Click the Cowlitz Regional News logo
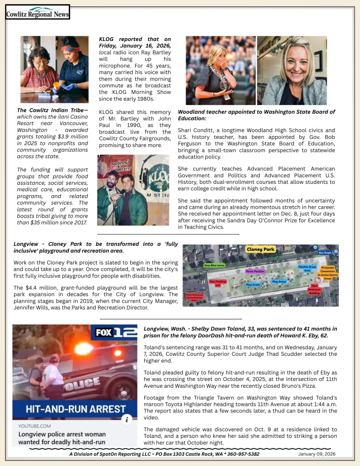pos(37,12)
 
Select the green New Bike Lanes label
pos(214,265)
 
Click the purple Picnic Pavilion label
pos(255,271)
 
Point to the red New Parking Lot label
pos(218,283)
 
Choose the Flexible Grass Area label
pos(307,268)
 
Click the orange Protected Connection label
pos(328,272)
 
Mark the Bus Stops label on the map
pos(325,252)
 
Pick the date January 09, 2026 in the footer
pos(317,454)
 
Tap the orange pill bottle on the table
pos(56,85)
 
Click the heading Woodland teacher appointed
pos(256,115)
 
